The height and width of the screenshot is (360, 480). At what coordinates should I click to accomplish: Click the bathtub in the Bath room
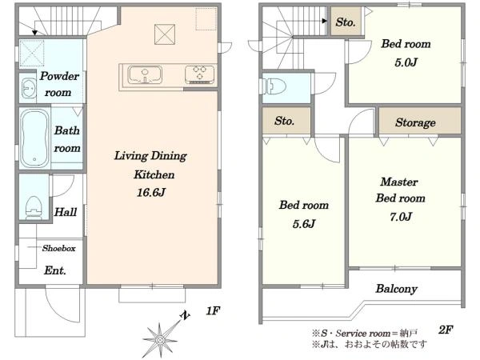pyautogui.click(x=34, y=138)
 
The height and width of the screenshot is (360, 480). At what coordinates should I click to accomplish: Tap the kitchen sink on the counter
pyautogui.click(x=145, y=74)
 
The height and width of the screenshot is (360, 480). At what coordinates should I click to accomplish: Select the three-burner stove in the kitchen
pyautogui.click(x=200, y=74)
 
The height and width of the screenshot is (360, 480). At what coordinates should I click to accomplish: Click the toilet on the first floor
pyautogui.click(x=34, y=208)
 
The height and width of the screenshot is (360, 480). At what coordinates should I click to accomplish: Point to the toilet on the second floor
pyautogui.click(x=275, y=86)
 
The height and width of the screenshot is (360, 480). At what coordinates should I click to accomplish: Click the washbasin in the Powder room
pyautogui.click(x=29, y=88)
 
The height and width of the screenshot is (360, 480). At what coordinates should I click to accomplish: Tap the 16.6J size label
pyautogui.click(x=151, y=193)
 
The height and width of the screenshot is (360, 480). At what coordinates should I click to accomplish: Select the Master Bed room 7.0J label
pyautogui.click(x=400, y=199)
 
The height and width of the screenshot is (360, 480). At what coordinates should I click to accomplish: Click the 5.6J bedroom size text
pyautogui.click(x=303, y=224)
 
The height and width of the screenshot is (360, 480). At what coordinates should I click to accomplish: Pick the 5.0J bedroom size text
pyautogui.click(x=406, y=62)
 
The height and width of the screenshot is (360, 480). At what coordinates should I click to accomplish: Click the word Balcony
pyautogui.click(x=397, y=289)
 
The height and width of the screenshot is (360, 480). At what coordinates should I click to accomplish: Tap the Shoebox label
pyautogui.click(x=58, y=248)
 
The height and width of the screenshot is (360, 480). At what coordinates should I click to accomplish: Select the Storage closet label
pyautogui.click(x=415, y=122)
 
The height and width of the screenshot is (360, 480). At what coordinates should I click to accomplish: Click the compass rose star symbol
pyautogui.click(x=160, y=339)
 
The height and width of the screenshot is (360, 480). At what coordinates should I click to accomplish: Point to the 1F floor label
pyautogui.click(x=213, y=311)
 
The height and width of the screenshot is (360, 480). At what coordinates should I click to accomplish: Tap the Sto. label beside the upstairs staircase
pyautogui.click(x=346, y=22)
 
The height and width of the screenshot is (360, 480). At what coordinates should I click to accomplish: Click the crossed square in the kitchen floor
pyautogui.click(x=165, y=34)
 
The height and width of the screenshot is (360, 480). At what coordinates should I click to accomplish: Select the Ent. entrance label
pyautogui.click(x=54, y=270)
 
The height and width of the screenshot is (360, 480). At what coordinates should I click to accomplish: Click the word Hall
pyautogui.click(x=66, y=212)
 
